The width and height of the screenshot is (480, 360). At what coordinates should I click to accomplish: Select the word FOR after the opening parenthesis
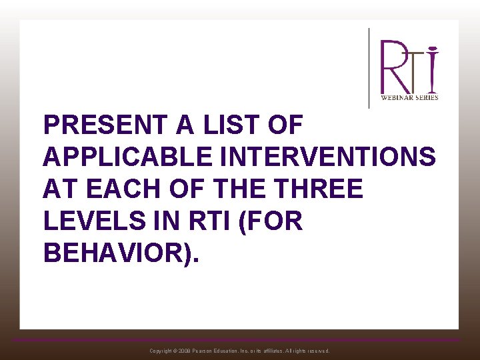(277, 221)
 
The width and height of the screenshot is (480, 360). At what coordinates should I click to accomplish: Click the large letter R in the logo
(393, 67)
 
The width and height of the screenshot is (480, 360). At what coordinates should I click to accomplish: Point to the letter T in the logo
(416, 70)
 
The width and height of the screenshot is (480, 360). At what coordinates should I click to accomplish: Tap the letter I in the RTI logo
(433, 70)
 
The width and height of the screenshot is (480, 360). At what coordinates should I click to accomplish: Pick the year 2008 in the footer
(185, 351)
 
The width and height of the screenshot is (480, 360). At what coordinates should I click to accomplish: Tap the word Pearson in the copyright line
(206, 351)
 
